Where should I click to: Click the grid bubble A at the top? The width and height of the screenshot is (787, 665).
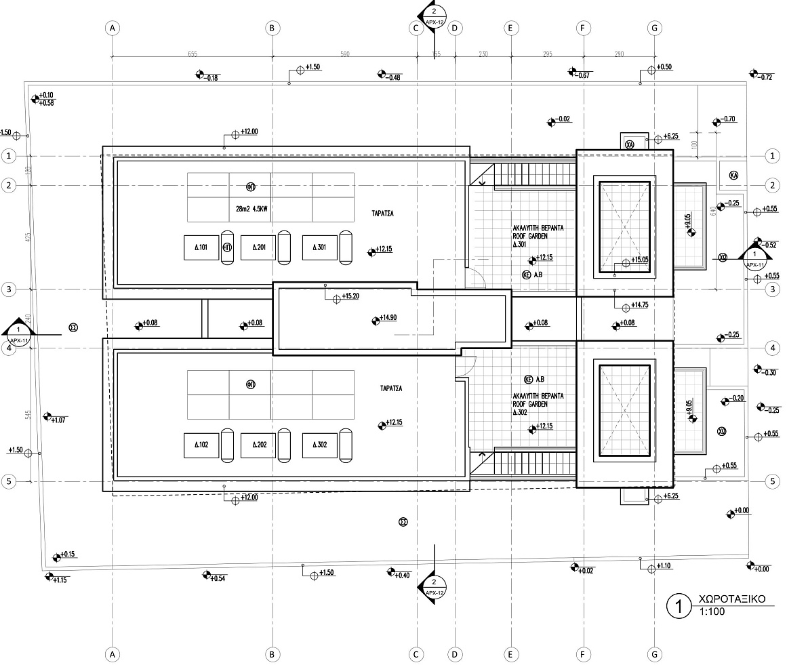click(113, 28)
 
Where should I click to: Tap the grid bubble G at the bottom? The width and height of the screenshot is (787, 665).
click(654, 654)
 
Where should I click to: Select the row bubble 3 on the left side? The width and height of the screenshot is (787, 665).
click(9, 289)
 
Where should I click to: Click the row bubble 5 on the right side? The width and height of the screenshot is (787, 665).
click(772, 481)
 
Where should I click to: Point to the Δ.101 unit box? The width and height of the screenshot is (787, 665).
click(201, 247)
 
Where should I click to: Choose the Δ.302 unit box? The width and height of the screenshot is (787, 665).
click(319, 445)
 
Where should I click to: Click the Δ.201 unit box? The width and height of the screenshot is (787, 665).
click(258, 247)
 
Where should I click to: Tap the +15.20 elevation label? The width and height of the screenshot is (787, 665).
click(351, 296)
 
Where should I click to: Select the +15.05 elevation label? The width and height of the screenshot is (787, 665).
click(641, 260)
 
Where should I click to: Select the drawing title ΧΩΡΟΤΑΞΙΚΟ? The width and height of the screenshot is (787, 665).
click(731, 600)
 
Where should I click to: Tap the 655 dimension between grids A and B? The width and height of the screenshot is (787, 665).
click(193, 54)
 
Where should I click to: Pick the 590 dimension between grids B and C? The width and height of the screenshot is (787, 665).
click(344, 54)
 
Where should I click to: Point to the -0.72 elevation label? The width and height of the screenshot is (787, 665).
click(766, 77)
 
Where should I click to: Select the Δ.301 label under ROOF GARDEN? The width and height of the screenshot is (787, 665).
click(520, 244)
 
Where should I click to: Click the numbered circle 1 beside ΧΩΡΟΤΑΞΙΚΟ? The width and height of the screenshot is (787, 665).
click(679, 605)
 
